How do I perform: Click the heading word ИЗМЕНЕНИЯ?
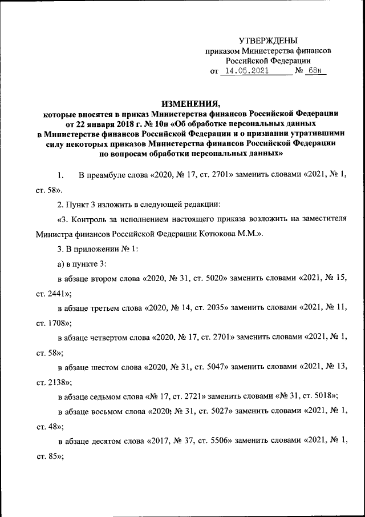point(190,103)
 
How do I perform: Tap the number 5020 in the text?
point(216,278)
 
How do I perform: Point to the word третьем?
point(107,308)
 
